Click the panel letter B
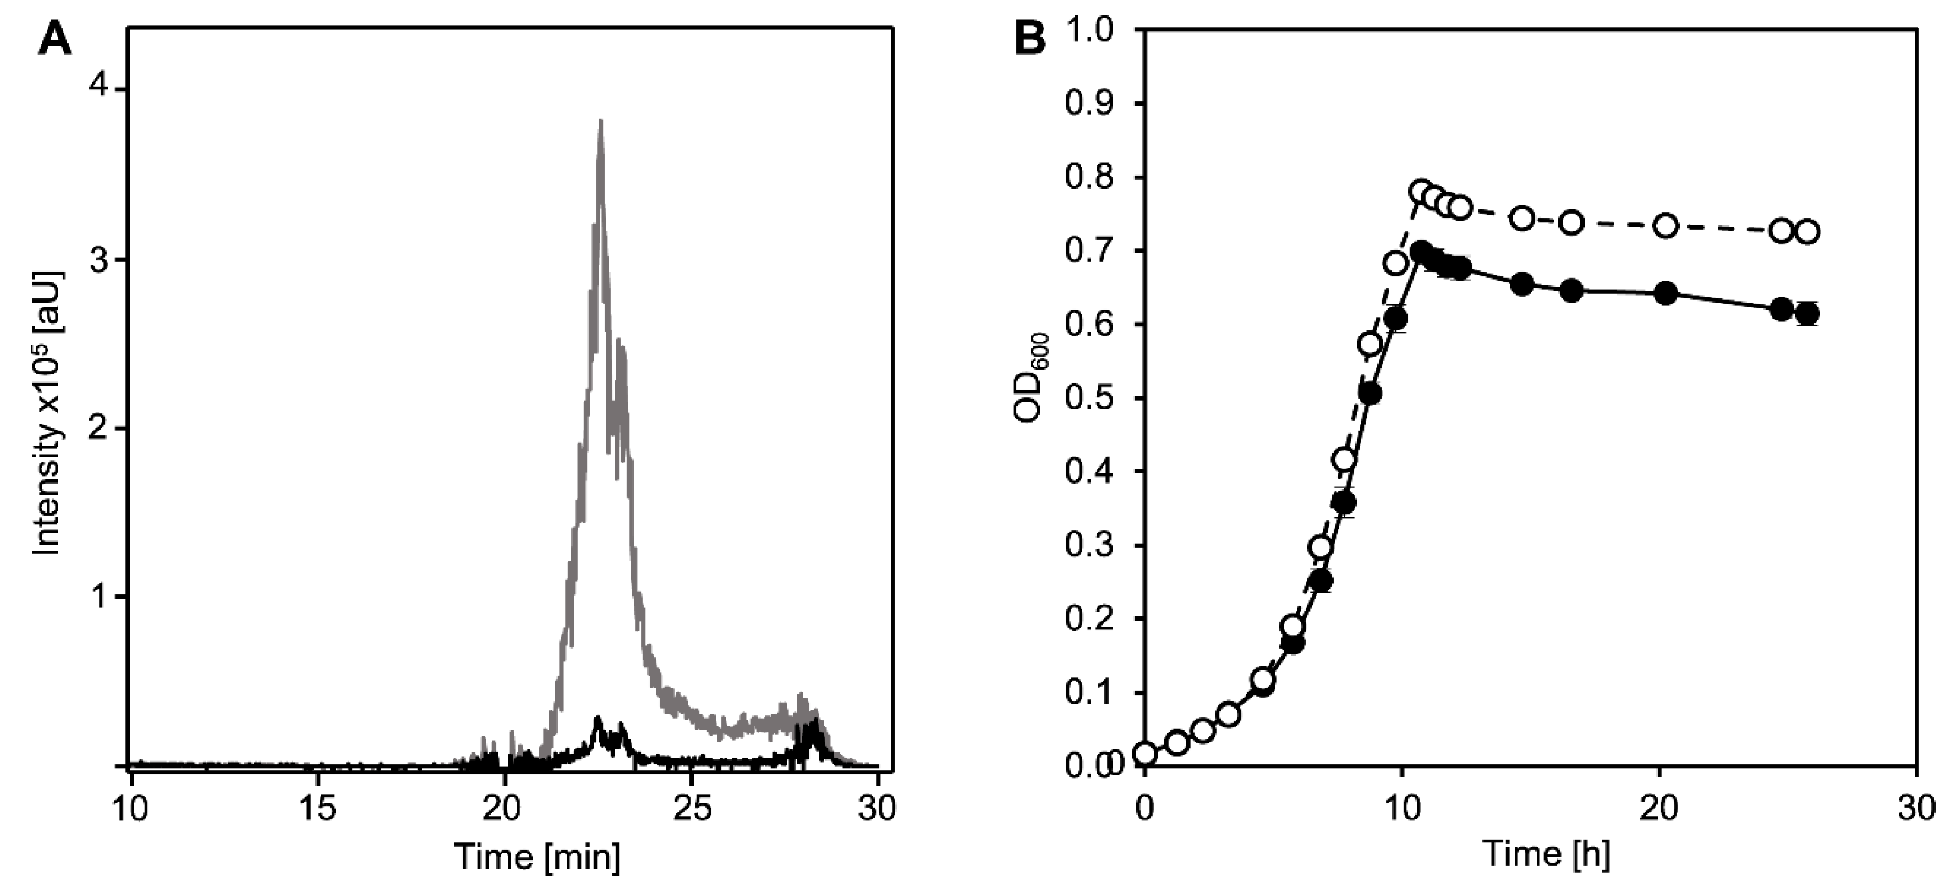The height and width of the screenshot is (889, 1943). click(1030, 37)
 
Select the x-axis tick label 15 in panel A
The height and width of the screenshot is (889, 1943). click(318, 809)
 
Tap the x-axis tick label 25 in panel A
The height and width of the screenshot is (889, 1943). click(691, 809)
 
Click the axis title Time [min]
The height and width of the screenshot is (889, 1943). click(537, 856)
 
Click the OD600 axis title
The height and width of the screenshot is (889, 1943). click(1032, 377)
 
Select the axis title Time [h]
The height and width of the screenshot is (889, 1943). click(1546, 854)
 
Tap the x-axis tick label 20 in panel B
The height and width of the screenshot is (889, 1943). click(1659, 809)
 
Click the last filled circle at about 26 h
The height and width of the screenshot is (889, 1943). click(1806, 314)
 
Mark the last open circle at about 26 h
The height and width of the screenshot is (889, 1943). click(1807, 231)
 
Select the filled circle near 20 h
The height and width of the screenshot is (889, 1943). click(1666, 294)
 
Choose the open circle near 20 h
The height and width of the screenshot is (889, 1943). click(1666, 225)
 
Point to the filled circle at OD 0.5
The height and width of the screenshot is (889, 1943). click(1371, 394)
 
